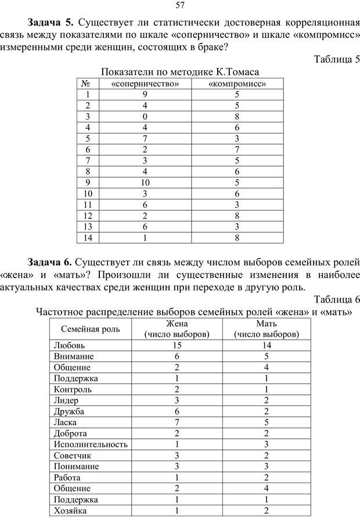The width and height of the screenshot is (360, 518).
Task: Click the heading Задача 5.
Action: click(51, 23)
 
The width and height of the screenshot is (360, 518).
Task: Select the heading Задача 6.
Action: click(51, 262)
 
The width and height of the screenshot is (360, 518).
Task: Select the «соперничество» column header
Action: click(144, 83)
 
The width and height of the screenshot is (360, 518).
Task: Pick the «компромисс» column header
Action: click(237, 83)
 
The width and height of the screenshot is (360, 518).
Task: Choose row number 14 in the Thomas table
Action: click(88, 237)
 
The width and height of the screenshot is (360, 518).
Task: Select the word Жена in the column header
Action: click(177, 324)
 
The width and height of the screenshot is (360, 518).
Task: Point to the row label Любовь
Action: click(69, 345)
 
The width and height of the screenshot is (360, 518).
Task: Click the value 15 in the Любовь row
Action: click(177, 345)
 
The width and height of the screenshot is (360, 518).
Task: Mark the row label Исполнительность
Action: click(90, 444)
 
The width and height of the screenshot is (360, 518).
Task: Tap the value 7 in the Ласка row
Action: click(177, 422)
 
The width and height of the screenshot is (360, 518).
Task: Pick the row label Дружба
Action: click(69, 411)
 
